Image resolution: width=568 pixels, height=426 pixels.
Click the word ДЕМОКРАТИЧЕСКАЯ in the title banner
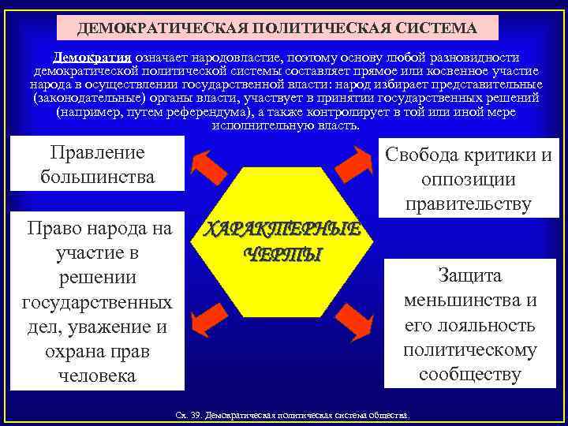click(x=144, y=29)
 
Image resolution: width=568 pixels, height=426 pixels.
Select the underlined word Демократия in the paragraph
click(x=92, y=58)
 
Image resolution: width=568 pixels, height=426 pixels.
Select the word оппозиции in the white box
click(x=469, y=179)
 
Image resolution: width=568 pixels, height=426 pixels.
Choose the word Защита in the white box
click(x=469, y=276)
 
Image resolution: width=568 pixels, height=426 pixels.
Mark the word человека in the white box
click(x=97, y=376)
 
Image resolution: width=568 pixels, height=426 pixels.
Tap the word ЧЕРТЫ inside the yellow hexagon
click(x=282, y=254)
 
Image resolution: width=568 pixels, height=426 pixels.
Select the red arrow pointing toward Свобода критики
click(x=355, y=163)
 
